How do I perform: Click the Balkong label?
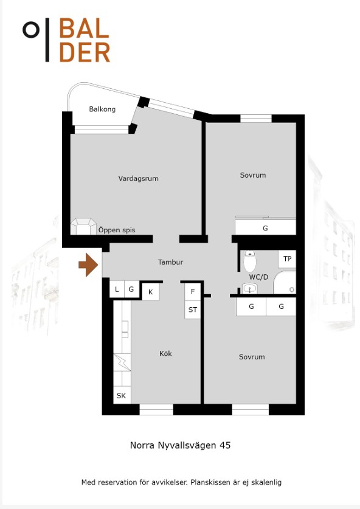coord(102,109)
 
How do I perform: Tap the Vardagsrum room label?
coord(138,179)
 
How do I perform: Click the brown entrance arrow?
coord(88,265)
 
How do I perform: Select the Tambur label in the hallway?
coord(170,262)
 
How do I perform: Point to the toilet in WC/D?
coord(250,261)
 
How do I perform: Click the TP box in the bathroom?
coord(287,258)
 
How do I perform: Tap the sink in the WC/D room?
coord(250,288)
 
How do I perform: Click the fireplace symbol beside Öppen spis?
coord(84,226)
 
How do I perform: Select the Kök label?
coord(165,353)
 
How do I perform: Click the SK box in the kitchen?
coord(122,395)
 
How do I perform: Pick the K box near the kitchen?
coord(151,292)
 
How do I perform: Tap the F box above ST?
coord(193,291)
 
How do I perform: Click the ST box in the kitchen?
coord(193,310)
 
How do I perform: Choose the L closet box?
coord(117,289)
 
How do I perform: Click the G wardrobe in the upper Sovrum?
coord(265,227)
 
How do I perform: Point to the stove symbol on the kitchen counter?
coord(122,362)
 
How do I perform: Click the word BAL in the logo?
coord(84,28)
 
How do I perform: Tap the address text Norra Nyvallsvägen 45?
coord(180,445)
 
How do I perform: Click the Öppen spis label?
coord(117,230)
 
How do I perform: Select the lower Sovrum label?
coord(252,357)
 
